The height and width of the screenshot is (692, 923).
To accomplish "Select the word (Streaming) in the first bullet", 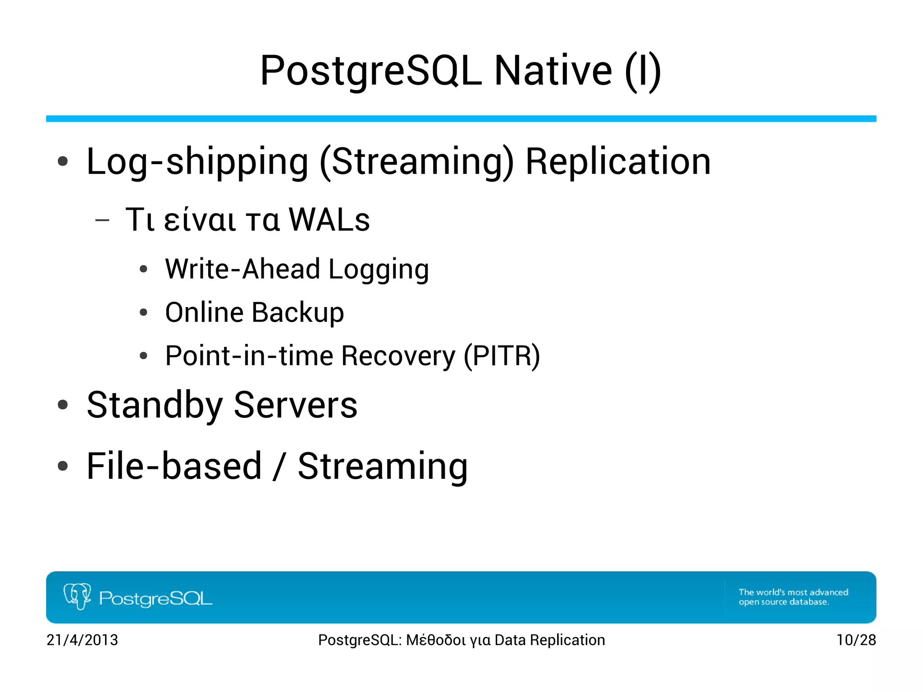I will [416, 162].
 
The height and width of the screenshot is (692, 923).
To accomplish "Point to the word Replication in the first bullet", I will [618, 161].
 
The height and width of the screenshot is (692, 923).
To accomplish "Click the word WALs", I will [329, 220].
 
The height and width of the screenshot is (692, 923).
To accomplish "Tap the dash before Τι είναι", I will [102, 220].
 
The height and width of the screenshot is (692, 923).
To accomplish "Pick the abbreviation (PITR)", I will [502, 356].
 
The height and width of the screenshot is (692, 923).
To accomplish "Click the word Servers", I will [295, 405].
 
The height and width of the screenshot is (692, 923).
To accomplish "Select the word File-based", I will [174, 466].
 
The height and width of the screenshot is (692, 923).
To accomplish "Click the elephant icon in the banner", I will [77, 596].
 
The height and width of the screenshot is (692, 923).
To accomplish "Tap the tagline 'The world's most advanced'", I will [793, 592].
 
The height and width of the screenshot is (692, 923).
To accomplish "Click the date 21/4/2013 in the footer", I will [82, 640].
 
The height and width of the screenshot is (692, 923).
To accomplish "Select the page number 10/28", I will [856, 640].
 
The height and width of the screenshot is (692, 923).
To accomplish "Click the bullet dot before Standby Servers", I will [63, 405].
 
